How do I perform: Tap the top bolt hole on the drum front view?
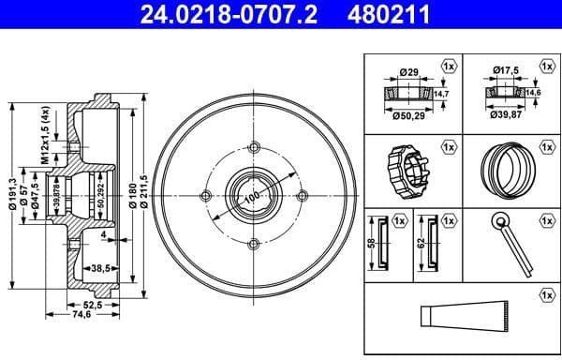click(x=254, y=144)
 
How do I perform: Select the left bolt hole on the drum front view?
click(x=205, y=195)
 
